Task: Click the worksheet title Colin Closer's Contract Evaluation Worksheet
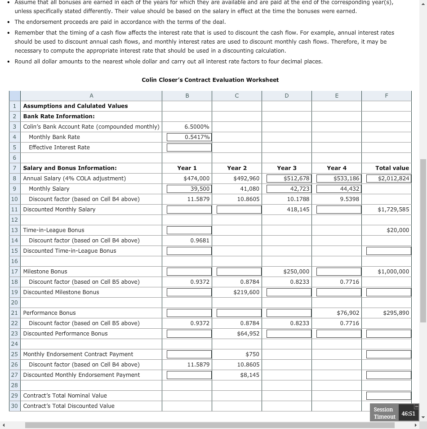[210, 80]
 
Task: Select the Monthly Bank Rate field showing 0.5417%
[189, 137]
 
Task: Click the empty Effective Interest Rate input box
[189, 147]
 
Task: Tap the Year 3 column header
[287, 168]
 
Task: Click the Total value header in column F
[392, 168]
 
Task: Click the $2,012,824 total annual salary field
[389, 179]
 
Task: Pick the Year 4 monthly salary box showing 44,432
[339, 189]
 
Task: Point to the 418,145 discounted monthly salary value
[297, 210]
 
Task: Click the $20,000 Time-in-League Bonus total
[397, 230]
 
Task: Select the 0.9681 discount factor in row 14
[200, 241]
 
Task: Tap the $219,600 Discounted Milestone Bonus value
[246, 292]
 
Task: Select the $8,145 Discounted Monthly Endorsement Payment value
[249, 375]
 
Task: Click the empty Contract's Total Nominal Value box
[389, 396]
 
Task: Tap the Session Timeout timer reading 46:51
[408, 413]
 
